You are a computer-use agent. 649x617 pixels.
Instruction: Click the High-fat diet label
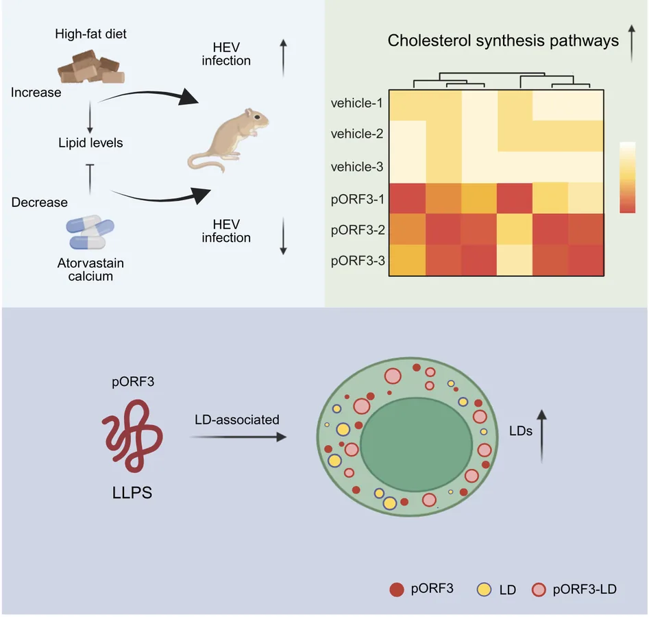tap(90, 34)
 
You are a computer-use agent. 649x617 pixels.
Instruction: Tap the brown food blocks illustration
tap(91, 66)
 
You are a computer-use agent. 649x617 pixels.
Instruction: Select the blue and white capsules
tap(90, 232)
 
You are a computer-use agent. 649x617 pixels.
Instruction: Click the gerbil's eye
tap(257, 117)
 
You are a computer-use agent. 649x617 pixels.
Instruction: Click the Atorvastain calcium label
tap(90, 269)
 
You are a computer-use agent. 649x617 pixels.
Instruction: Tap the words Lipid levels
tap(90, 143)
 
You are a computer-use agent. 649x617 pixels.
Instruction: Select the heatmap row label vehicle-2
tap(357, 134)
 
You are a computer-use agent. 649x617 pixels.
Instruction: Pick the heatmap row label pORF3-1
tap(358, 199)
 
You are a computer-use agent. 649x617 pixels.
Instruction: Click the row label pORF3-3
tap(358, 261)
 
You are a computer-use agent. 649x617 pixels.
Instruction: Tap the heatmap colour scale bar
tap(628, 178)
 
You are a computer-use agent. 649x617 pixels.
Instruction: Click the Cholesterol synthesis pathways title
tap(503, 40)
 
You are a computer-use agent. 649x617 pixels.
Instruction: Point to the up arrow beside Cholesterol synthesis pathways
tap(632, 43)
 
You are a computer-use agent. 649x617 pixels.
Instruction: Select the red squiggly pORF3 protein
tap(132, 435)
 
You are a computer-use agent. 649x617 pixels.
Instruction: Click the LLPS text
tap(132, 493)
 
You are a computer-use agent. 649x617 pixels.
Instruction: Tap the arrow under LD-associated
tap(238, 437)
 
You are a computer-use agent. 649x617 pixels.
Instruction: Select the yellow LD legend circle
tap(484, 590)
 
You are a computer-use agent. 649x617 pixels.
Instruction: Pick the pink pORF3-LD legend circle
tap(539, 590)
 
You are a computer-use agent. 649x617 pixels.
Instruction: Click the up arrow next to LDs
tap(542, 436)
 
